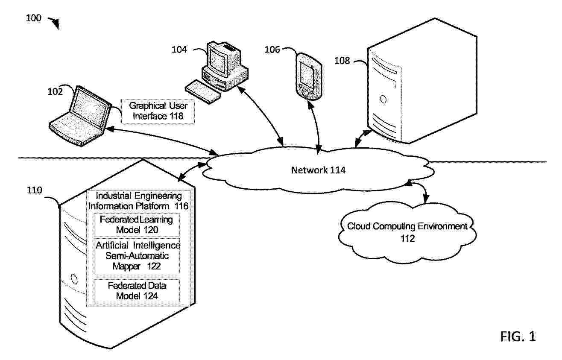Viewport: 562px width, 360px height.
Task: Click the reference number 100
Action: tap(34, 18)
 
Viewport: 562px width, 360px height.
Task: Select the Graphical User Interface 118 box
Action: tap(158, 111)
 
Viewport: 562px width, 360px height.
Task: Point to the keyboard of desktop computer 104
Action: tap(202, 91)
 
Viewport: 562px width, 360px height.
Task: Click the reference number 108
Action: tap(342, 61)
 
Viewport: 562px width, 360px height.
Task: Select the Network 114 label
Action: tap(318, 170)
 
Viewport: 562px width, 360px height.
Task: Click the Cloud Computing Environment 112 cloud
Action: tap(407, 232)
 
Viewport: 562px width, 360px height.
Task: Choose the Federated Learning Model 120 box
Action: tap(136, 225)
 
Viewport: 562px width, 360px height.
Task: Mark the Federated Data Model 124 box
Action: tap(137, 290)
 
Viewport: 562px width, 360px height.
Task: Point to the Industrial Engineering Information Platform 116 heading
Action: tap(138, 201)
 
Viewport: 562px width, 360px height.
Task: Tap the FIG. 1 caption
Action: tap(518, 337)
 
